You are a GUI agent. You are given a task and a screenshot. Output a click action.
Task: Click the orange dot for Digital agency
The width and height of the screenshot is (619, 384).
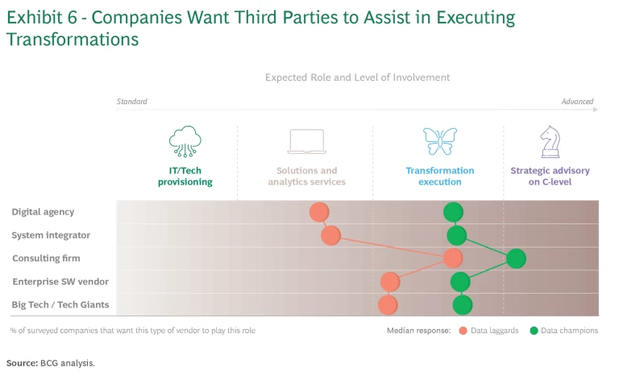pyautogui.click(x=319, y=212)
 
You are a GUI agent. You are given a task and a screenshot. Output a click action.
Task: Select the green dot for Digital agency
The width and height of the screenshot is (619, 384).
pyautogui.click(x=453, y=212)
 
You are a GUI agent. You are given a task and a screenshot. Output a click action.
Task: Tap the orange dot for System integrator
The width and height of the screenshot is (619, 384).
pyautogui.click(x=330, y=236)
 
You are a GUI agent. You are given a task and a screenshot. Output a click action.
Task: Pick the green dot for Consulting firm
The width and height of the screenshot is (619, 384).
pyautogui.click(x=516, y=258)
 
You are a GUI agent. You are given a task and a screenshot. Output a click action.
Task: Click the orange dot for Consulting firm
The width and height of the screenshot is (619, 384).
pyautogui.click(x=453, y=258)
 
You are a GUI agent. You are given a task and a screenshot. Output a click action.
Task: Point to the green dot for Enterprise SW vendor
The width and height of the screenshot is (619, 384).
pyautogui.click(x=460, y=282)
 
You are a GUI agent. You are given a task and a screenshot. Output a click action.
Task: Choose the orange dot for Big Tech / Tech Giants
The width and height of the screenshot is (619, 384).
pyautogui.click(x=388, y=305)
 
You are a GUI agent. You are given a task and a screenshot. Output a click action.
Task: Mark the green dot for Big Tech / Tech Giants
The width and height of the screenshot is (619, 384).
pyautogui.click(x=462, y=305)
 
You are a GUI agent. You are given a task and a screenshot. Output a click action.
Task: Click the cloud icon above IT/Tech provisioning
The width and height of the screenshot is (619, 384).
pyautogui.click(x=185, y=141)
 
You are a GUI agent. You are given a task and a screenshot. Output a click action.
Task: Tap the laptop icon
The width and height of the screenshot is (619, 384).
pyautogui.click(x=306, y=142)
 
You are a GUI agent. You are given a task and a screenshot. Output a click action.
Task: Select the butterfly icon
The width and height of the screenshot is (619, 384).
pyautogui.click(x=440, y=141)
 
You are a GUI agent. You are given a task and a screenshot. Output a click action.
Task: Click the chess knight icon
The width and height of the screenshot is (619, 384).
pyautogui.click(x=550, y=141)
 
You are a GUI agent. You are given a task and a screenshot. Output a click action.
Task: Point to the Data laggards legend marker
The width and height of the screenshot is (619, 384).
pyautogui.click(x=463, y=331)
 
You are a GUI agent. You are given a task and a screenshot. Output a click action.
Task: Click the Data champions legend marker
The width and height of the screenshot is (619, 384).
pyautogui.click(x=534, y=331)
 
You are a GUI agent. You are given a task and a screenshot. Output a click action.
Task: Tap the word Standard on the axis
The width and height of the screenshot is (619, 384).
pyautogui.click(x=132, y=102)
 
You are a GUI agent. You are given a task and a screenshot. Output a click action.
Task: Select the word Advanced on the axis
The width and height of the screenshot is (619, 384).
pyautogui.click(x=577, y=102)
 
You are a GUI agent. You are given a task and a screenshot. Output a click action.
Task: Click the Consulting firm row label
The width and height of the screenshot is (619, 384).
pyautogui.click(x=46, y=258)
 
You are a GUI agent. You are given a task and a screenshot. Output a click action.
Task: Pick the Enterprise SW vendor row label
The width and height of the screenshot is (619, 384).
pyautogui.click(x=60, y=282)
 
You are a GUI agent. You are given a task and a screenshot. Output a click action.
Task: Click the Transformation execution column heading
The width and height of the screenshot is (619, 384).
pyautogui.click(x=440, y=176)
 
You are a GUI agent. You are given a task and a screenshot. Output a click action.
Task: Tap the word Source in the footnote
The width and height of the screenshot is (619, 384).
pyautogui.click(x=21, y=363)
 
